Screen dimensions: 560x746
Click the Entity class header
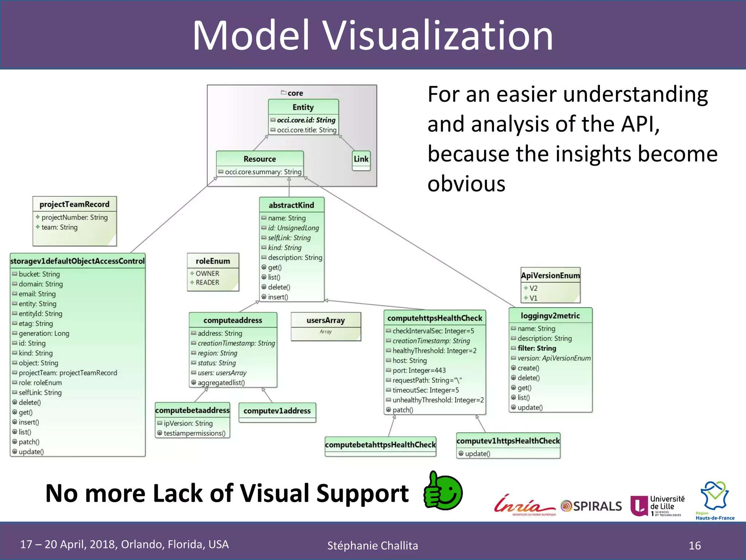tap(303, 107)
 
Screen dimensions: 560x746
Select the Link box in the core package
tap(361, 159)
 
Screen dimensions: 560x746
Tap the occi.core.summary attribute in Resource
tap(263, 172)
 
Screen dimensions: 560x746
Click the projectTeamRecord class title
tap(74, 204)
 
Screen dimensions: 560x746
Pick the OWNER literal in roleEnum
tap(207, 273)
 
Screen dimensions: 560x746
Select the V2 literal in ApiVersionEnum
tap(533, 288)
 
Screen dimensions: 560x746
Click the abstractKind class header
tap(291, 205)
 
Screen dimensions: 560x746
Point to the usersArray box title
tap(326, 320)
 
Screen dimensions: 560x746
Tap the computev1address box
tap(277, 411)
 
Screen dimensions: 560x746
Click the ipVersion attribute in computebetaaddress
tap(188, 423)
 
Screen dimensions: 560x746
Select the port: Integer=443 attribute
tap(419, 370)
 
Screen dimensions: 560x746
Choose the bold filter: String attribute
tap(537, 348)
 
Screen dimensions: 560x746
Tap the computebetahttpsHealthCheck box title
tap(380, 445)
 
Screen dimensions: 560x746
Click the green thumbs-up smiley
tap(443, 491)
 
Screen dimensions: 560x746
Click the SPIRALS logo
tap(592, 506)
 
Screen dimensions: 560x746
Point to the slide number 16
tap(695, 545)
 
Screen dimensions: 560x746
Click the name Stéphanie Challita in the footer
tap(373, 545)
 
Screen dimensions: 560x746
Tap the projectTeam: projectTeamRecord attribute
tap(68, 373)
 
